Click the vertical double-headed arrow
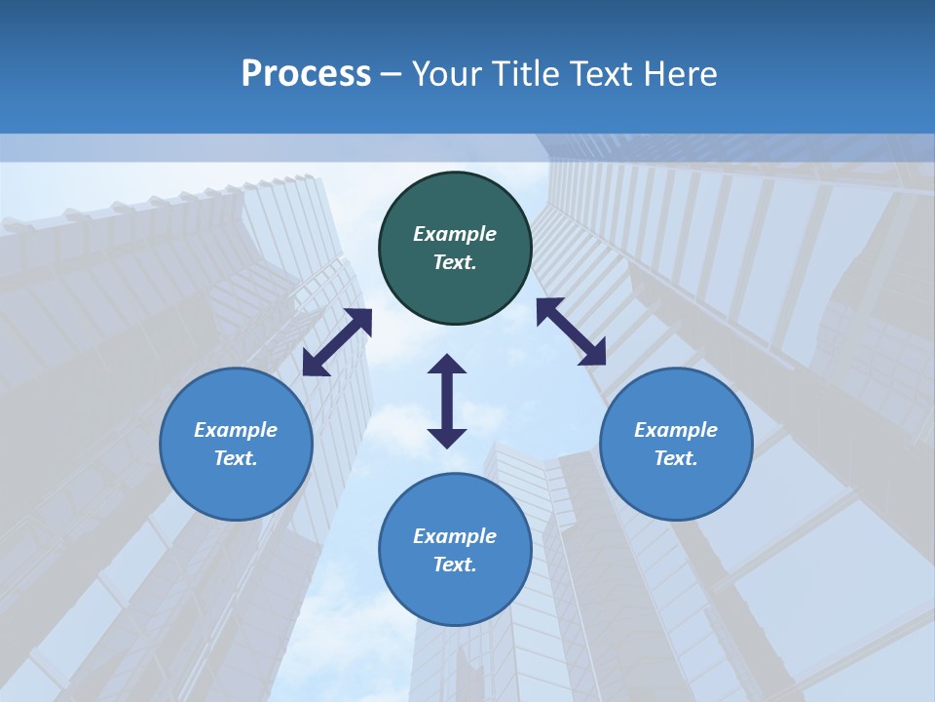pyautogui.click(x=447, y=401)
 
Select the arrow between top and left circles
pyautogui.click(x=337, y=342)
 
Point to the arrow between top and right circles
pyautogui.click(x=571, y=331)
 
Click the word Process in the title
pyautogui.click(x=306, y=74)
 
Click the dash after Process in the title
pyautogui.click(x=392, y=75)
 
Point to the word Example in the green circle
pyautogui.click(x=455, y=234)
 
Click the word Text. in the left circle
pyautogui.click(x=236, y=458)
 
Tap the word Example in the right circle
pyautogui.click(x=676, y=430)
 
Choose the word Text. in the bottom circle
pyautogui.click(x=455, y=565)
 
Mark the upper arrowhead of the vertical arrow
pyautogui.click(x=447, y=364)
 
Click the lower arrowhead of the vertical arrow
pyautogui.click(x=447, y=438)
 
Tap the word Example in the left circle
pyautogui.click(x=236, y=430)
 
